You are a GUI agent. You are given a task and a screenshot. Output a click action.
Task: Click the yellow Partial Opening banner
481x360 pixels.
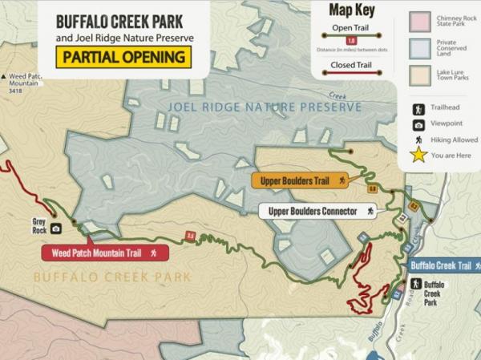[x=123, y=58]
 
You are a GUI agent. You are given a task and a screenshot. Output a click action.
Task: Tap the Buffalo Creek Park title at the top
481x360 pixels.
[x=124, y=19]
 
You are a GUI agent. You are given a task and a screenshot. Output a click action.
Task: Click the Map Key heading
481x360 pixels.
[x=351, y=10]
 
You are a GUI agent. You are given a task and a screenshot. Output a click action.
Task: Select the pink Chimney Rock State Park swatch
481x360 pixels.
[x=421, y=22]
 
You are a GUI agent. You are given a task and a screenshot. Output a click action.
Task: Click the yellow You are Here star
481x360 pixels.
[x=418, y=155]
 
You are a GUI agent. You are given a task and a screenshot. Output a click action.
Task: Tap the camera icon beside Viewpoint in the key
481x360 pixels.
[x=418, y=124]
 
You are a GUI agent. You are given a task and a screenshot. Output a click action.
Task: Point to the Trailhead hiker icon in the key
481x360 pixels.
[x=418, y=109]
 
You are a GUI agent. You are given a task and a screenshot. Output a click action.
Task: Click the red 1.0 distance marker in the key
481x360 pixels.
[x=350, y=40]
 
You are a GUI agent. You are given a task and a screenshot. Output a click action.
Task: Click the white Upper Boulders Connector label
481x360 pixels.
[x=317, y=212]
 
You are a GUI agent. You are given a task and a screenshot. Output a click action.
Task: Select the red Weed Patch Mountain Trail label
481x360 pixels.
[x=104, y=253]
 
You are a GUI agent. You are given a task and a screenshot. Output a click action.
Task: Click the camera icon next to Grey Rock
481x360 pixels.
[x=56, y=229]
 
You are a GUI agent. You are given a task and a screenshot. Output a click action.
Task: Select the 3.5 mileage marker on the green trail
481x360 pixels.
[x=191, y=236]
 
